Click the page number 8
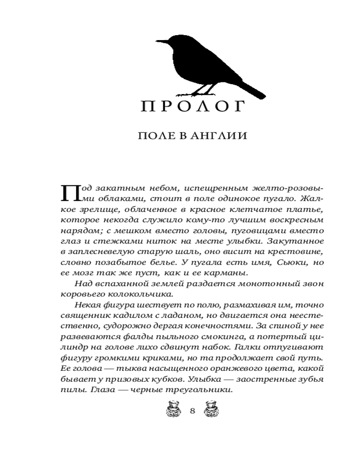pos(192,410)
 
